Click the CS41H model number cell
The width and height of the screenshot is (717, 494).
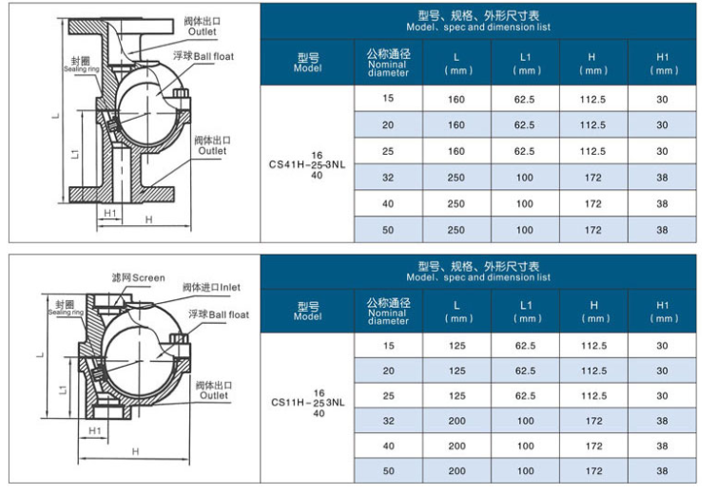pyautogui.click(x=307, y=165)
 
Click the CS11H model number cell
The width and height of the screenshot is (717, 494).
pyautogui.click(x=308, y=403)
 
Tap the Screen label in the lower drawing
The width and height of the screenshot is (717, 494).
pyautogui.click(x=138, y=277)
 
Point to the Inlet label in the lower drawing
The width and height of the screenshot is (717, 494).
pyautogui.click(x=211, y=288)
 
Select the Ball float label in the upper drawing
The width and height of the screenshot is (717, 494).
pyautogui.click(x=203, y=56)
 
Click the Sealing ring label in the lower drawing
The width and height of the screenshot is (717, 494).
pyautogui.click(x=66, y=308)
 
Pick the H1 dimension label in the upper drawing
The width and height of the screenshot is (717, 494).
pyautogui.click(x=110, y=213)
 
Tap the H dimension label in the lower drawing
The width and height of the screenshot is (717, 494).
pyautogui.click(x=135, y=451)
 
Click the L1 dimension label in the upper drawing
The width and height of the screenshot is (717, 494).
pyautogui.click(x=76, y=154)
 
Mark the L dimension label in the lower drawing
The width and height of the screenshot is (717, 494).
pyautogui.click(x=40, y=354)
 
